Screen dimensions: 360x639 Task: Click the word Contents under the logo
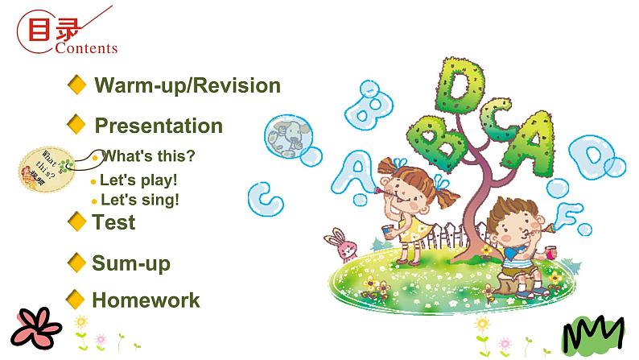[x=87, y=48]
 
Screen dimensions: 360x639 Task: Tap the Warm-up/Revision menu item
[x=188, y=85]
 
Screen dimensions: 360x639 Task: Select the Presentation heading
[x=159, y=126]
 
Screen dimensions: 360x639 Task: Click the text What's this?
[x=149, y=155]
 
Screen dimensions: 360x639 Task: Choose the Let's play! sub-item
[x=138, y=180]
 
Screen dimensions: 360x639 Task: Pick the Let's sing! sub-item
[x=139, y=200]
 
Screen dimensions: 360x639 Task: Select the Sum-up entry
[x=131, y=263]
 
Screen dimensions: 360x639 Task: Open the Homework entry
[x=146, y=300]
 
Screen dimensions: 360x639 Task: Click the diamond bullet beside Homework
[x=76, y=300]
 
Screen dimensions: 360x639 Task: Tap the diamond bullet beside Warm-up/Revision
[x=77, y=85]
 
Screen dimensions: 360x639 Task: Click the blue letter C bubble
[x=262, y=194]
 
